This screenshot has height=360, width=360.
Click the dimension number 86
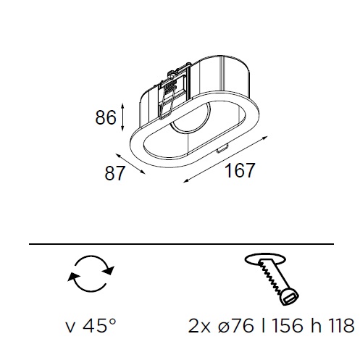pyautogui.click(x=106, y=118)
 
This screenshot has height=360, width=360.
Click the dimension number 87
pyautogui.click(x=115, y=173)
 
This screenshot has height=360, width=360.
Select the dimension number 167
pyautogui.click(x=240, y=170)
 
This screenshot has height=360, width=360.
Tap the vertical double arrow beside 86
pyautogui.click(x=122, y=117)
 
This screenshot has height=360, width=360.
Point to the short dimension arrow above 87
pyautogui.click(x=130, y=164)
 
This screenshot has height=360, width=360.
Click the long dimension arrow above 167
pyautogui.click(x=225, y=159)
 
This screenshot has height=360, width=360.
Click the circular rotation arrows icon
pyautogui.click(x=91, y=273)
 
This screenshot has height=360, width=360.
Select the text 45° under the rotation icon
pyautogui.click(x=99, y=326)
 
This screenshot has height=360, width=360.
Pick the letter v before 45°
pyautogui.click(x=70, y=328)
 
